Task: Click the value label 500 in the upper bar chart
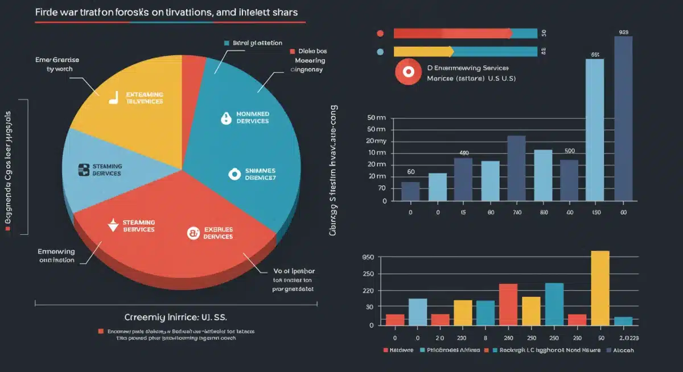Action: tap(570, 151)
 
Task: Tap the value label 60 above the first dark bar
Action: tap(411, 172)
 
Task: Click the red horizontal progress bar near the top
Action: tap(452, 34)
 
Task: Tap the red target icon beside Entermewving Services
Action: tap(408, 73)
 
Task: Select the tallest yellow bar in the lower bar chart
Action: tap(600, 288)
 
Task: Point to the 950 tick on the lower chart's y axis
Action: tap(368, 257)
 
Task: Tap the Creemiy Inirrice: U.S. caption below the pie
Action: tap(179, 316)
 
